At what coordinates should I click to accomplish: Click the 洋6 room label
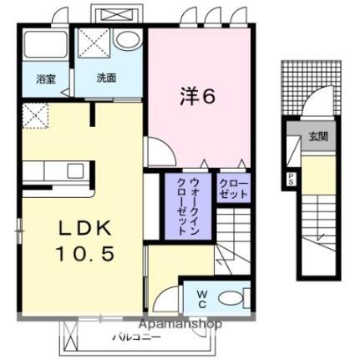(x=198, y=97)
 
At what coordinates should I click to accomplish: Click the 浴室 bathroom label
(x=44, y=79)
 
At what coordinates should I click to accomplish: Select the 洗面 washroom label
(x=106, y=79)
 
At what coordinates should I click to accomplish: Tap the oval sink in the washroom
(x=128, y=40)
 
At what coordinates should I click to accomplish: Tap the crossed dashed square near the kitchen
(x=37, y=116)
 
